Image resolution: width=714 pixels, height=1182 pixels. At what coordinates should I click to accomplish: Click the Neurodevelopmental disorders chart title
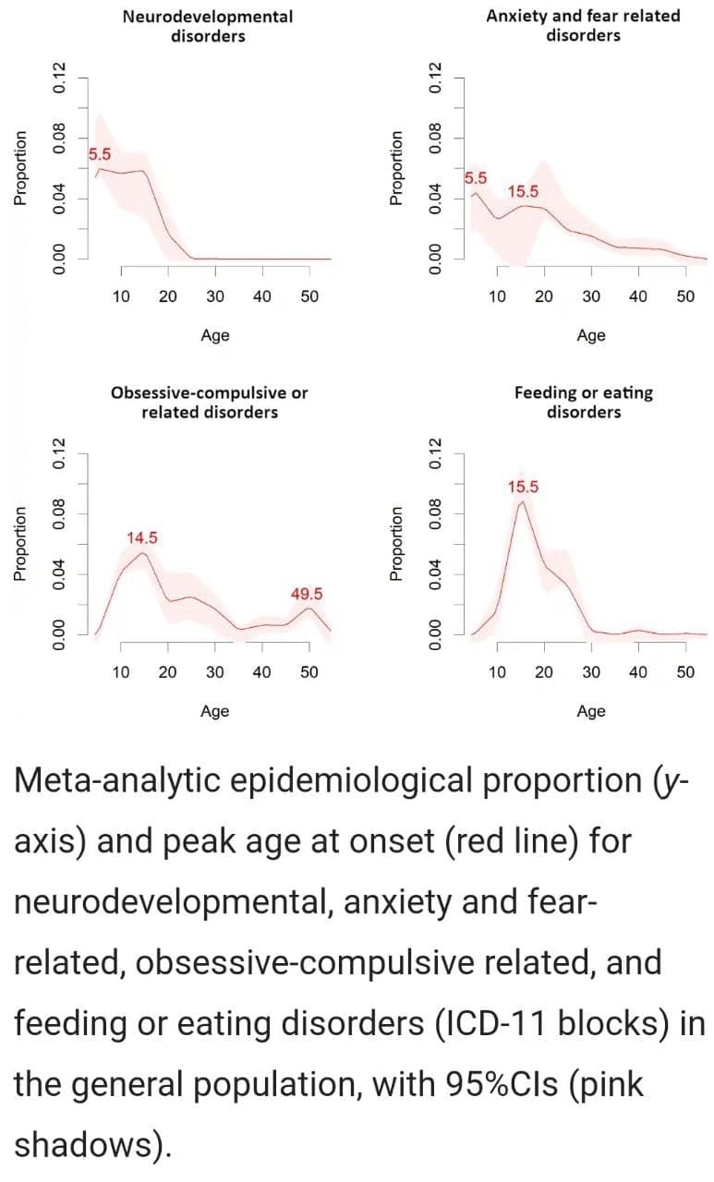pyautogui.click(x=208, y=26)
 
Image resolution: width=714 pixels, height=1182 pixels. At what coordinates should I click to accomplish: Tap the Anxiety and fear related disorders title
pyautogui.click(x=583, y=26)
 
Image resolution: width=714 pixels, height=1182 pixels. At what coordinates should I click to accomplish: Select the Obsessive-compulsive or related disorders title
pyautogui.click(x=209, y=403)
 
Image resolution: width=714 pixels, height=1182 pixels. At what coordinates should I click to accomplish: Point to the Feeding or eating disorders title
pyautogui.click(x=583, y=403)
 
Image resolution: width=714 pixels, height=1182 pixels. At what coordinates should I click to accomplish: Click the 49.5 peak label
pyautogui.click(x=307, y=594)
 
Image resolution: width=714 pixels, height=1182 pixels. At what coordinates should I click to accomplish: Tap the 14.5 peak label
pyautogui.click(x=141, y=537)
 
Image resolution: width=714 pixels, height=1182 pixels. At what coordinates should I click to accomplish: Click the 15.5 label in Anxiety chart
pyautogui.click(x=524, y=192)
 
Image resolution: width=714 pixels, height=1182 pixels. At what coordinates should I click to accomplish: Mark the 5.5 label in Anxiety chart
pyautogui.click(x=477, y=177)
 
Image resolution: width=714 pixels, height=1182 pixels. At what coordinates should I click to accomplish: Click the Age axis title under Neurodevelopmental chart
pyautogui.click(x=215, y=335)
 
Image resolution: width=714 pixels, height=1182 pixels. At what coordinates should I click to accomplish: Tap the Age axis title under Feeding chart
pyautogui.click(x=591, y=710)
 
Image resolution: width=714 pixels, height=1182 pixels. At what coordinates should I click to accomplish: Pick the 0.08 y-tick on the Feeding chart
pyautogui.click(x=437, y=513)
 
